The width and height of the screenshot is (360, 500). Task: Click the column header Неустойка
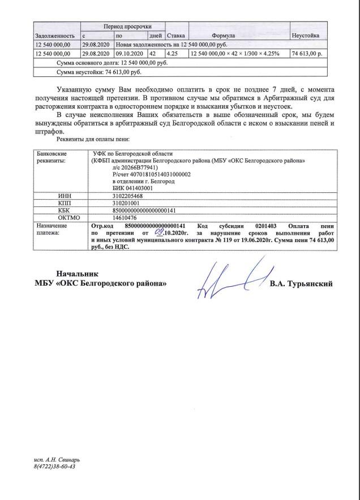(x=305, y=36)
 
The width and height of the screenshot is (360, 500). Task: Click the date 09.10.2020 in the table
(x=130, y=53)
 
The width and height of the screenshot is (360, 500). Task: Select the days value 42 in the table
(x=152, y=53)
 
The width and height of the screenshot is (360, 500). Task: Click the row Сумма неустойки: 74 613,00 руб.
(x=99, y=72)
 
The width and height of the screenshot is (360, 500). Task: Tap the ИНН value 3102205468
(x=111, y=196)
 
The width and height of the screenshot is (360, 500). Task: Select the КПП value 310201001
(x=109, y=203)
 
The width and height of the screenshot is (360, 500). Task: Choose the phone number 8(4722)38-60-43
(x=55, y=467)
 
